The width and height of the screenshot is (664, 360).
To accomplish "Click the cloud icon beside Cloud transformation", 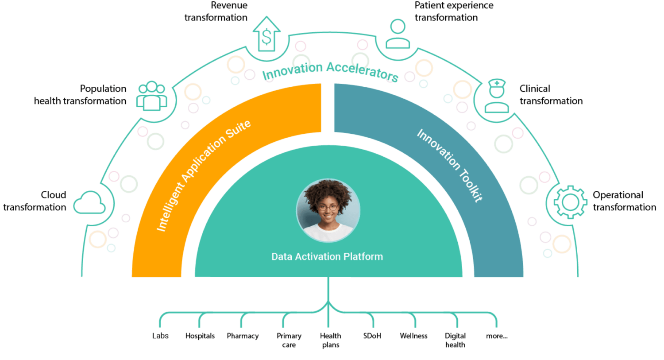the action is pyautogui.click(x=89, y=203).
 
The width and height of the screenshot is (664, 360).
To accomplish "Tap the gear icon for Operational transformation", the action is pyautogui.click(x=570, y=202).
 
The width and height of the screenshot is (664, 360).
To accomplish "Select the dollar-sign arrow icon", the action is pyautogui.click(x=266, y=34).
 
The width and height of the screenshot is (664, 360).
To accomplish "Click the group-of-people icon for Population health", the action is pyautogui.click(x=152, y=96).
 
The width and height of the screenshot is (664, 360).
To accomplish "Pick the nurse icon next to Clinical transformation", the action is pyautogui.click(x=497, y=96).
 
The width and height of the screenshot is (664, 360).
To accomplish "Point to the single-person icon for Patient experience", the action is pyautogui.click(x=398, y=34).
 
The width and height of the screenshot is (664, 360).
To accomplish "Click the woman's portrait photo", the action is pyautogui.click(x=328, y=210).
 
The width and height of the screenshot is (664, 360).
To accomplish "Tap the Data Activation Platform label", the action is pyautogui.click(x=327, y=256).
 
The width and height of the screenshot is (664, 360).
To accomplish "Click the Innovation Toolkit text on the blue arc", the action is pyautogui.click(x=450, y=166).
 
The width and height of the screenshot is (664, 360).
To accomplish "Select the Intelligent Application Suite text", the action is pyautogui.click(x=203, y=175).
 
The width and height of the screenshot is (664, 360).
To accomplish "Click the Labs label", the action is pyautogui.click(x=160, y=336).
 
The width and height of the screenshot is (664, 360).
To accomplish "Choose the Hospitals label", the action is pyautogui.click(x=200, y=336).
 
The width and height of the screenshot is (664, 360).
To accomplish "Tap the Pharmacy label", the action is pyautogui.click(x=243, y=336).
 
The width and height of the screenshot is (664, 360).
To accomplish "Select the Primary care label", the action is pyautogui.click(x=289, y=340).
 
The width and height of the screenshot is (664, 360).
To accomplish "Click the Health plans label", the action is pyautogui.click(x=331, y=340).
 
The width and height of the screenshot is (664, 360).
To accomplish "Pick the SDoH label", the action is pyautogui.click(x=372, y=336).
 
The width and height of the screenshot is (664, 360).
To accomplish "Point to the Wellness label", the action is pyautogui.click(x=413, y=336).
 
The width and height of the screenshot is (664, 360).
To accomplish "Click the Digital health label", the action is pyautogui.click(x=456, y=340).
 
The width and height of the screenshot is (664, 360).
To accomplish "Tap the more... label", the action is pyautogui.click(x=497, y=336).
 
